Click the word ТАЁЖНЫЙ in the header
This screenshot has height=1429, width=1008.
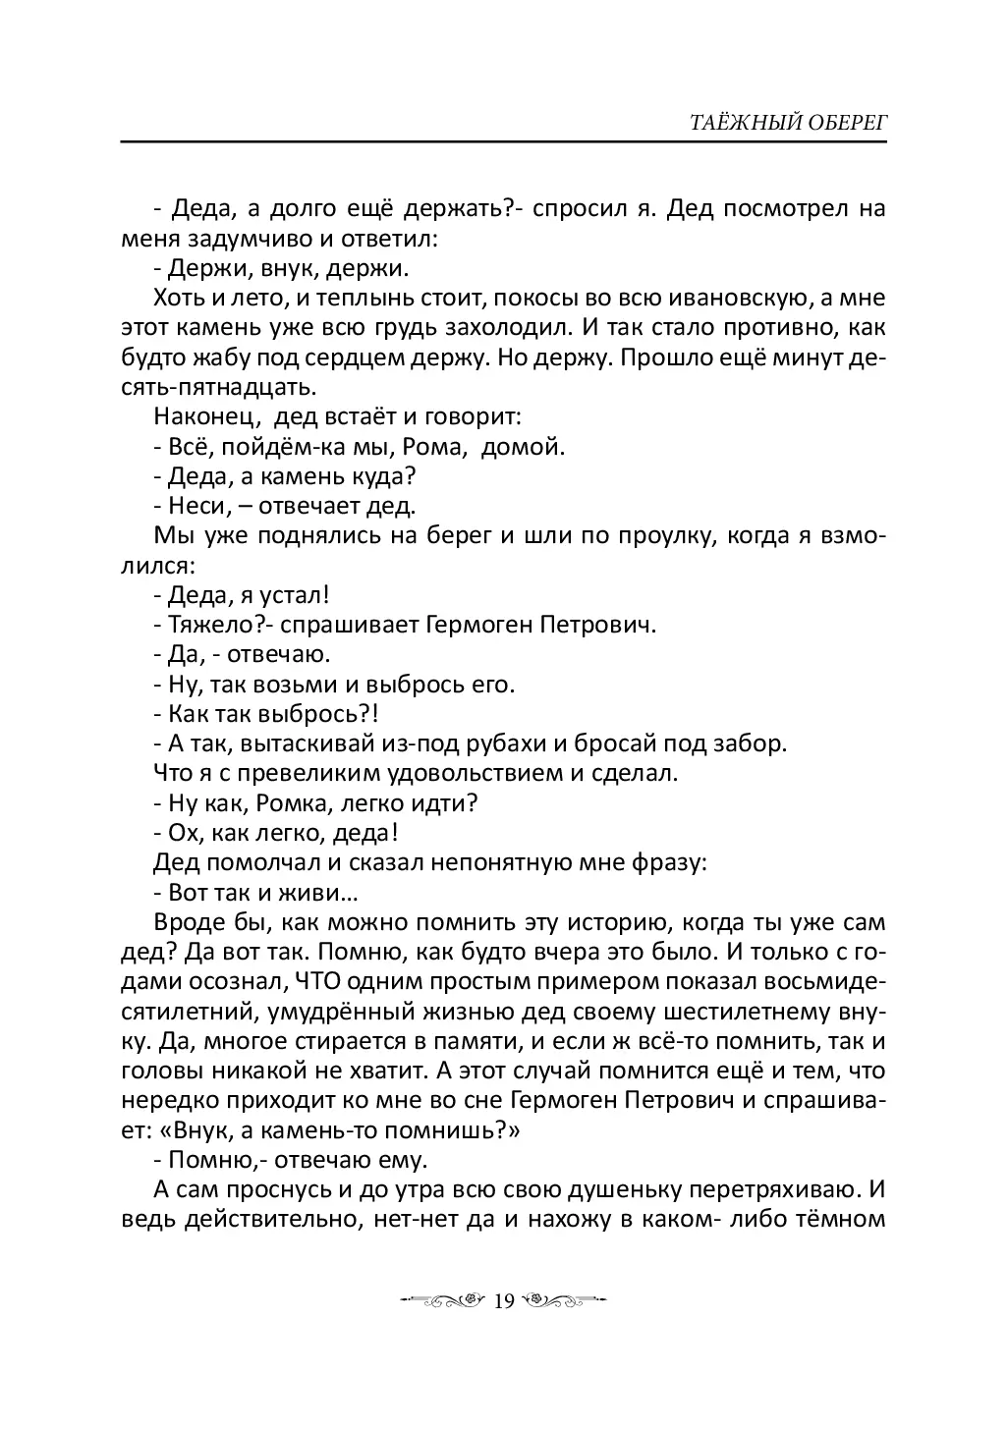(719, 123)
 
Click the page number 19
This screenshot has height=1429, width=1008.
(503, 1301)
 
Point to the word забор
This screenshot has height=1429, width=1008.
(756, 743)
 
